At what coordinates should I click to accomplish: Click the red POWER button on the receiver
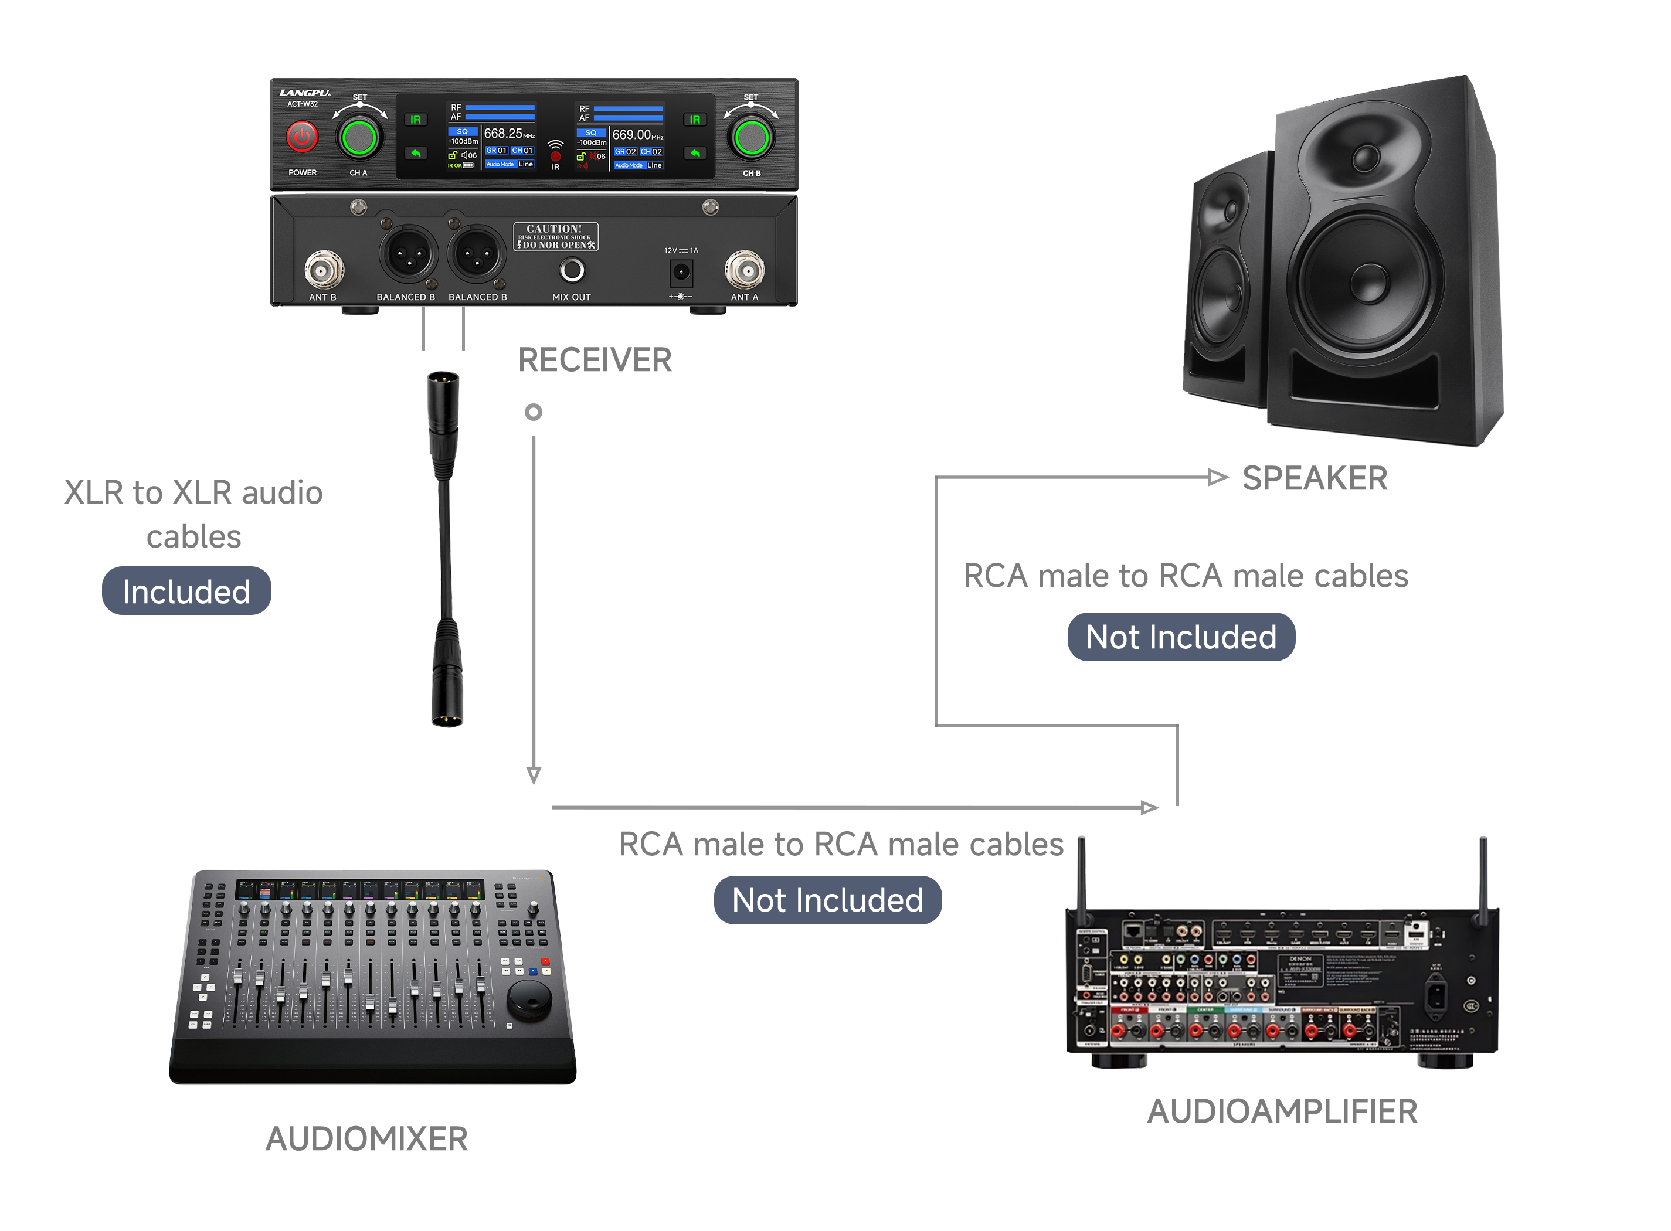(302, 137)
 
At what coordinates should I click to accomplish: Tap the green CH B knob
(750, 137)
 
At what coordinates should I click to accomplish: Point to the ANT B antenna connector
(324, 270)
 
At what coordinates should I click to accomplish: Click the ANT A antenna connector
(744, 270)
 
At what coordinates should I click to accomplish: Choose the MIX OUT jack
(572, 270)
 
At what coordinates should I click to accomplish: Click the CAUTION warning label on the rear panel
(555, 236)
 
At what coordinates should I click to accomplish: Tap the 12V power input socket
(681, 272)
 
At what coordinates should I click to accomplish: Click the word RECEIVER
(594, 360)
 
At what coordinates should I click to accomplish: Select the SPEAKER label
(1314, 478)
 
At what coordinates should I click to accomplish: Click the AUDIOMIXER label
(366, 1138)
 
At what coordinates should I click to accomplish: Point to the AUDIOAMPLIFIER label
(1281, 1111)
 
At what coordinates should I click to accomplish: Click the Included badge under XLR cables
(186, 591)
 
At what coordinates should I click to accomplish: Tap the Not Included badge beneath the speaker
(1181, 637)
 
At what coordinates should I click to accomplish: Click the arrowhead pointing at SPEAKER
(1217, 477)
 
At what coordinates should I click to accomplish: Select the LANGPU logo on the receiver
(305, 93)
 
